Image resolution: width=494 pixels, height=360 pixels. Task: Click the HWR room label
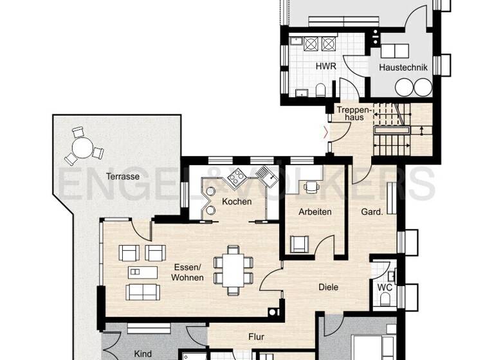[322, 67]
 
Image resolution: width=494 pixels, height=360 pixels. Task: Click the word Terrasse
[123, 175]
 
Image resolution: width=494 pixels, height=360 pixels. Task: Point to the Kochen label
[236, 202]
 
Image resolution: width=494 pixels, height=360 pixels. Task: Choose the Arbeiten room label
[315, 212]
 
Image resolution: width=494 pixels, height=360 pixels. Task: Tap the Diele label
[328, 288]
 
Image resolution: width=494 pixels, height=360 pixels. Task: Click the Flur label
[257, 336]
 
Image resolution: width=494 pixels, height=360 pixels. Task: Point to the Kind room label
[142, 354]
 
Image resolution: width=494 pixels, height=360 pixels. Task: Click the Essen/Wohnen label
[187, 273]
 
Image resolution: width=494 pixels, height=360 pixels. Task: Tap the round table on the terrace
[83, 149]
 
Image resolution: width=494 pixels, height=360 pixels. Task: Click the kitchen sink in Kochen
[265, 175]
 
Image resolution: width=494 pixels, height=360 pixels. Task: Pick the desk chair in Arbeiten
[312, 188]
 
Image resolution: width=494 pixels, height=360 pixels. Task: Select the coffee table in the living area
[142, 271]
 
